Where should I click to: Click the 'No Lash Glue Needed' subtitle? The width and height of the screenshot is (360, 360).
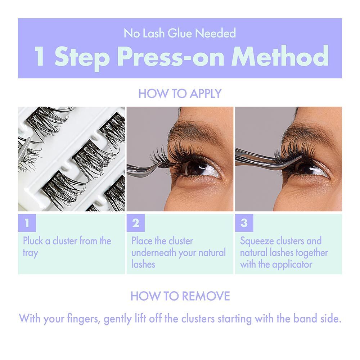180,33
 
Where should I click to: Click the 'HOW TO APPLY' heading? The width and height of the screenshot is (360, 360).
180,94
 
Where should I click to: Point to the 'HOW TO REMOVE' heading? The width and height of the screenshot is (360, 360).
180,296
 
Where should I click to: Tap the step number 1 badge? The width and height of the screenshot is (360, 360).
27,223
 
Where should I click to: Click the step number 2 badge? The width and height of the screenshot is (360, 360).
136,223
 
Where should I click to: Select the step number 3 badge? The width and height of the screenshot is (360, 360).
244,223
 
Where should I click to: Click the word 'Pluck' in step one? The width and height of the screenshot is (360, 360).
33,241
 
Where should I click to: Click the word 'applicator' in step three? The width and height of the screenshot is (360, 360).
292,264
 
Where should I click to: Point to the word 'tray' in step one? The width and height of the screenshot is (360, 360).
30,253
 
